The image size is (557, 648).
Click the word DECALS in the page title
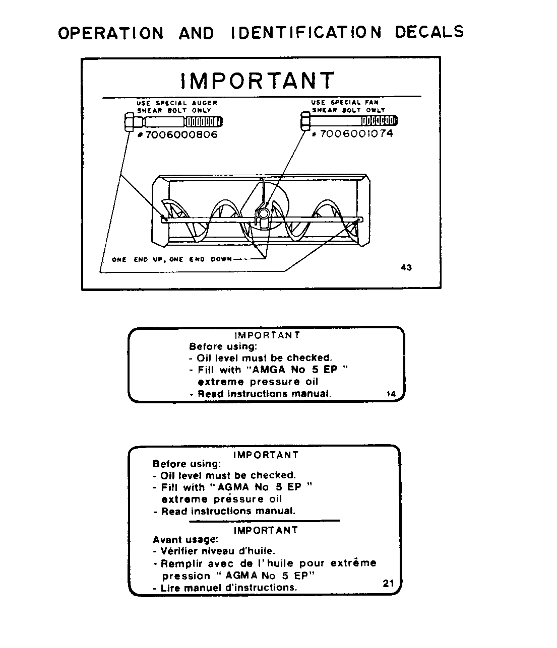429,32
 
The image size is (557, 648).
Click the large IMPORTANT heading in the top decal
257,81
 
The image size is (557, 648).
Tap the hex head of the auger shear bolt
129,122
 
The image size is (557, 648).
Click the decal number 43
406,267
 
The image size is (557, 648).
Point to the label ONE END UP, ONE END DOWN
172,259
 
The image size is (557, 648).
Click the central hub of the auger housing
263,214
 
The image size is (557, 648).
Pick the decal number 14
391,394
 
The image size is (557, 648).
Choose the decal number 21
388,584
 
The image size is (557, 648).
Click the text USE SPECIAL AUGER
177,103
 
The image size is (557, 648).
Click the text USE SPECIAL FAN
345,102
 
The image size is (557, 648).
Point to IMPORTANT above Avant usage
266,530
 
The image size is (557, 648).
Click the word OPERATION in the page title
111,33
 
